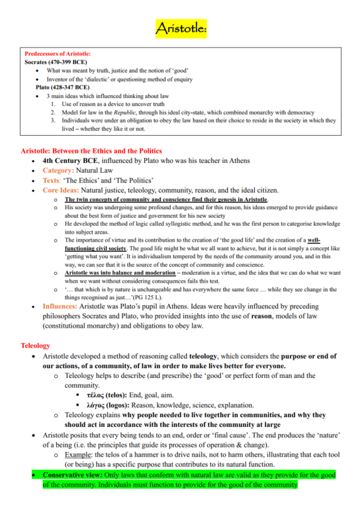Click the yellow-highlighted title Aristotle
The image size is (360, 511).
(181, 28)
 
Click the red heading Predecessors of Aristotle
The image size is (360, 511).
(58, 54)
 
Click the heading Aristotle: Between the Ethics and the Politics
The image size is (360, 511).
(91, 151)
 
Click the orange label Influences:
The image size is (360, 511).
(65, 307)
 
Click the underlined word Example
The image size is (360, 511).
(78, 455)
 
